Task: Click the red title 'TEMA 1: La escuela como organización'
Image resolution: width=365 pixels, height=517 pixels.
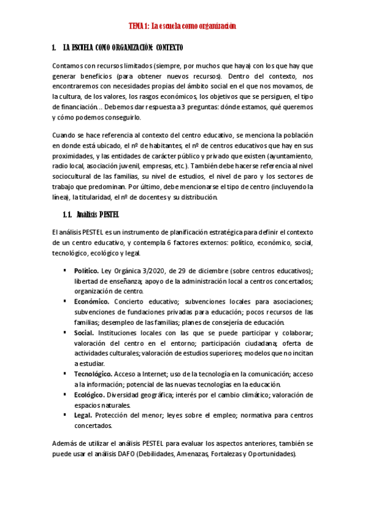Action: (182, 26)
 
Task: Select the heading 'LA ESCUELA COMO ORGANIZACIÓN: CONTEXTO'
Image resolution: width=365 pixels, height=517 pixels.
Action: (122, 48)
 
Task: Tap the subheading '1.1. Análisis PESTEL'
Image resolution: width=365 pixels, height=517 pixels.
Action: (91, 214)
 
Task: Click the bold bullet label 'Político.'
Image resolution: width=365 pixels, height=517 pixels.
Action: (87, 271)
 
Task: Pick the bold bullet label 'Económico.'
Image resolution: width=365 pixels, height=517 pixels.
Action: (92, 301)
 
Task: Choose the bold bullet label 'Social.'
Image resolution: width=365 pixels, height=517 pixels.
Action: (84, 332)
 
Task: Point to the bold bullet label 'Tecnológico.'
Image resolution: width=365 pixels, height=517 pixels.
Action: (93, 374)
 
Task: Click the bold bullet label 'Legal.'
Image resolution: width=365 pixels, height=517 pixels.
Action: (83, 415)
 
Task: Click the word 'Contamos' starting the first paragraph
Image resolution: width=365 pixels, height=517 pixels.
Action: (68, 65)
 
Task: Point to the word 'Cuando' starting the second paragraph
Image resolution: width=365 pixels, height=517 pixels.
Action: (65, 135)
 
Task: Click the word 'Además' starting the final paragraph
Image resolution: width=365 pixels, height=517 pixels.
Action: (65, 444)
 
